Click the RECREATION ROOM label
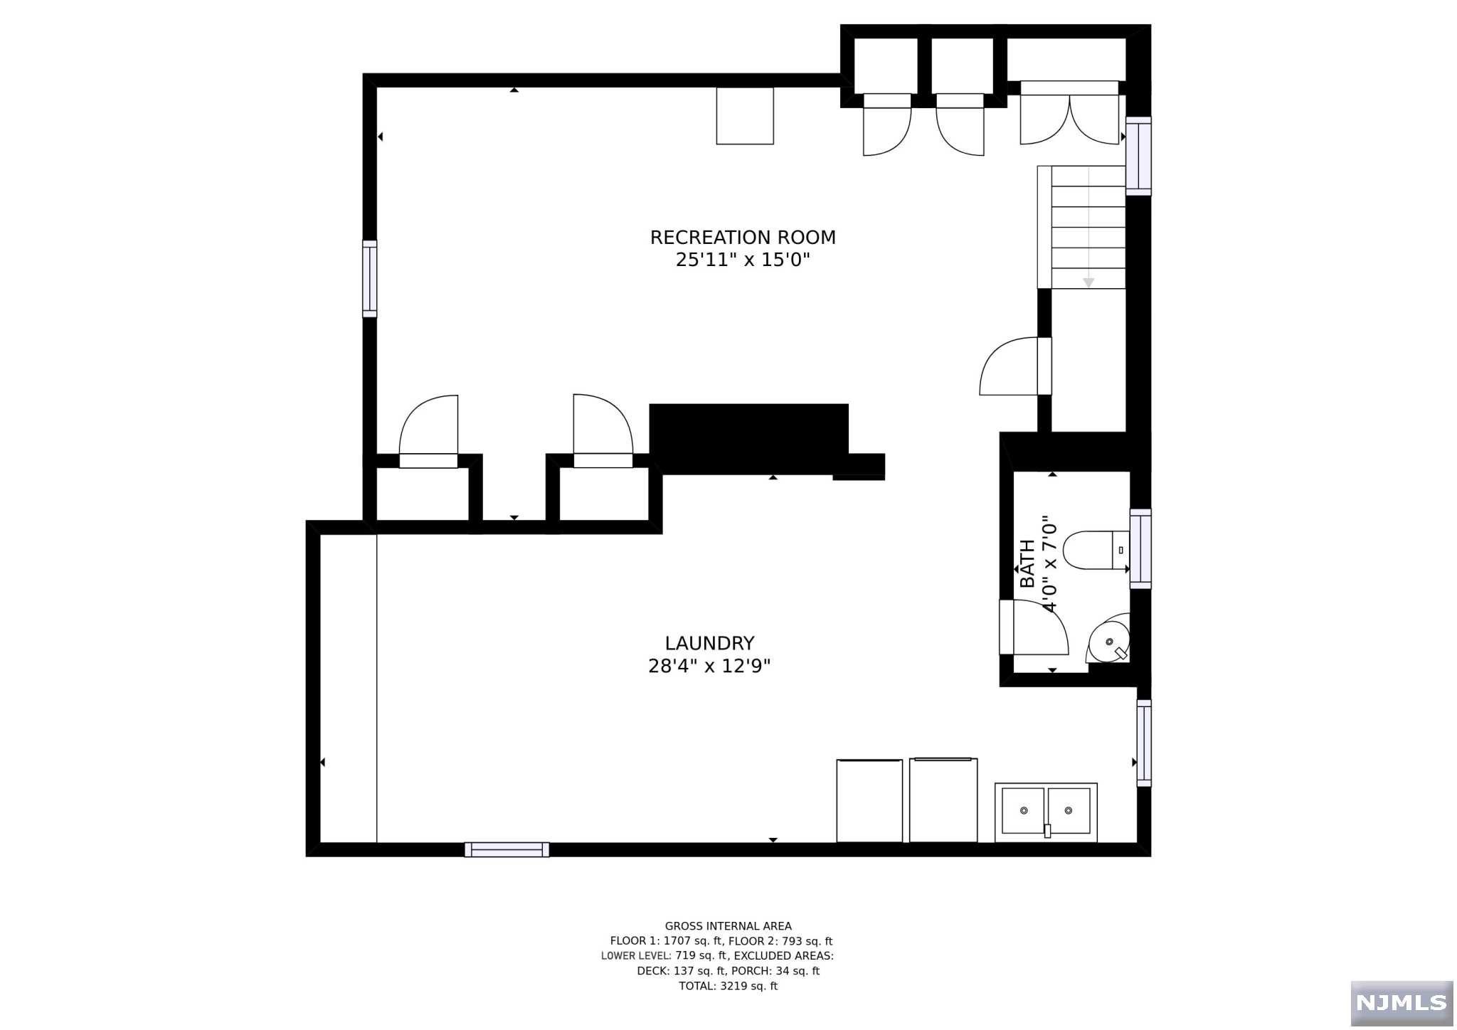tap(743, 238)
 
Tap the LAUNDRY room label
tap(709, 644)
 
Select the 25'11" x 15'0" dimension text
tap(743, 260)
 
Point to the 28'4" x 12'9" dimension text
tap(709, 667)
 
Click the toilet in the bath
tap(1096, 551)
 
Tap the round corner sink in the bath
tap(1108, 641)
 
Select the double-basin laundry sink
tap(1046, 812)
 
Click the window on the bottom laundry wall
tap(507, 849)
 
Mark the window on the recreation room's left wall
tap(370, 279)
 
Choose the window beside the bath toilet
tap(1140, 548)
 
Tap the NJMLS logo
tap(1402, 1003)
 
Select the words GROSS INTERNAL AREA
tap(728, 926)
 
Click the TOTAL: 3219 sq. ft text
tap(728, 986)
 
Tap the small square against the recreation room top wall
tap(745, 116)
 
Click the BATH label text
tap(1027, 564)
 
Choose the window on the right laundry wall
tap(1144, 743)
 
